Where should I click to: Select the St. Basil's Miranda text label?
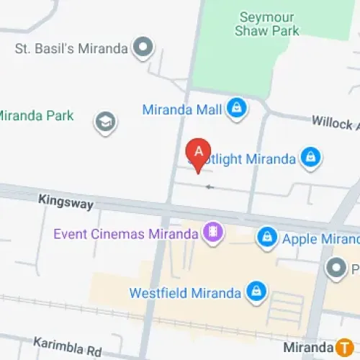pos(71,49)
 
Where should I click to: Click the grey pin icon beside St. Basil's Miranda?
pos(145,48)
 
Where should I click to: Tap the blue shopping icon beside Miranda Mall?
pos(235,109)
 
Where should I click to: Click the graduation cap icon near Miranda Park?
pos(106,122)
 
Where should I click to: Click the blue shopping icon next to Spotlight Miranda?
pos(310,158)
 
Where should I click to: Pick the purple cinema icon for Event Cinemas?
pos(212,233)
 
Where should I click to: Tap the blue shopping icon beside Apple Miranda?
pos(267,238)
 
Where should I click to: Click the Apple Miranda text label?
pos(320,238)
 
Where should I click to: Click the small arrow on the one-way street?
pos(210,187)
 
